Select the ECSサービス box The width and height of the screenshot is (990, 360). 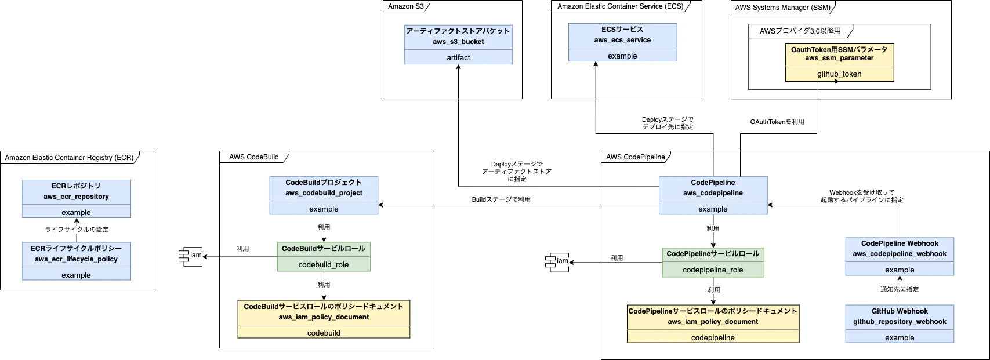coord(622,42)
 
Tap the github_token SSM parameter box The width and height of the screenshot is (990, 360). coord(839,62)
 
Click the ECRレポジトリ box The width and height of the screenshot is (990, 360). coord(76,198)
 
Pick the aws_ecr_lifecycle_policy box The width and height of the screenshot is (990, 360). coord(76,261)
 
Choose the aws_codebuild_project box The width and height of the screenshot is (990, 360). coord(324,195)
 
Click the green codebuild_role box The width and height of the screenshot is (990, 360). coord(324,256)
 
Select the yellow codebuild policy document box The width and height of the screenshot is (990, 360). coord(324,319)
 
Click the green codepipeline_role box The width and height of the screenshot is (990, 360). coord(713,262)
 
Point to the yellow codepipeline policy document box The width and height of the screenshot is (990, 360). coord(713,323)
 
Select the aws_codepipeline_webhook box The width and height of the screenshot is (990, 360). coord(900,256)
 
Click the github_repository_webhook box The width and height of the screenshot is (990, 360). coord(900,323)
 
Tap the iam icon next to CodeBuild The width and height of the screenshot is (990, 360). coord(192,256)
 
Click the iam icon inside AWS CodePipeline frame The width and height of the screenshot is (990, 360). coord(559,261)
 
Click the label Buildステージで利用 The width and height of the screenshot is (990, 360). coord(501,199)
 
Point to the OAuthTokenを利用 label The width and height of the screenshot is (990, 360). coord(777,122)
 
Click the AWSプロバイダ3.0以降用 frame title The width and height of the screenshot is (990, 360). coord(800,31)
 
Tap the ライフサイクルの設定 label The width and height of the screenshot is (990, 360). coord(77,230)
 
